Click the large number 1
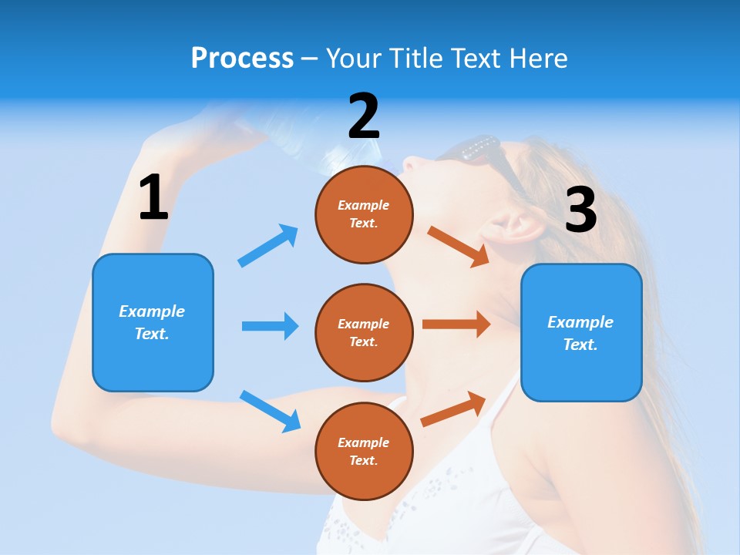point(153,198)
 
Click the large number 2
point(364,116)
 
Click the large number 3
point(580,210)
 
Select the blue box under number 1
point(153,322)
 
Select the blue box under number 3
point(581,333)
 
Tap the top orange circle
point(364,214)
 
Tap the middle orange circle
point(364,333)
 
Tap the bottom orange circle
point(364,452)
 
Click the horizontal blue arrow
point(270,326)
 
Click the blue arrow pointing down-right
point(270,411)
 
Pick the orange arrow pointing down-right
point(458,246)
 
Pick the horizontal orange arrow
point(456,325)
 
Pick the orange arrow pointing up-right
point(453,409)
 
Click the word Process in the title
point(242,58)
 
